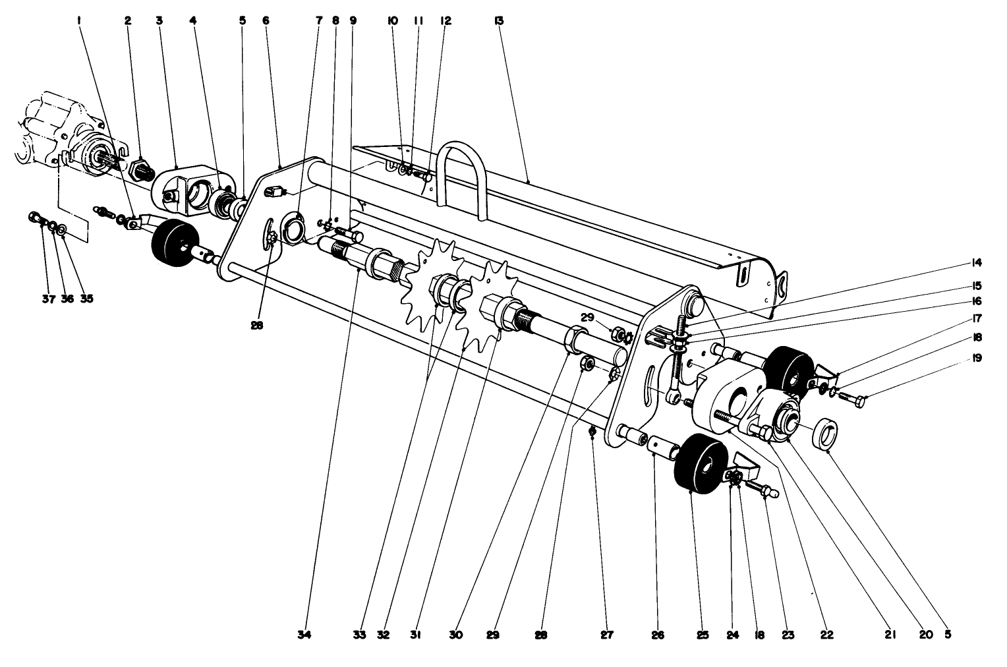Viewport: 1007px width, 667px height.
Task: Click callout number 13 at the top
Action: (x=498, y=21)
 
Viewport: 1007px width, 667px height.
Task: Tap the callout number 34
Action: (x=304, y=635)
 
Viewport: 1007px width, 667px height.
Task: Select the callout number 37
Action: (x=47, y=299)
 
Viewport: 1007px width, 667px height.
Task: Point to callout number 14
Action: (x=976, y=263)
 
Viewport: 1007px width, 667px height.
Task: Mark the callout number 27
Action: (x=606, y=635)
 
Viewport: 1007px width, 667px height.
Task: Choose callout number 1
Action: (x=79, y=21)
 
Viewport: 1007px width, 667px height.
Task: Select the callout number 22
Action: (x=826, y=635)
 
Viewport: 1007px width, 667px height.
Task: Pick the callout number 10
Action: (x=393, y=21)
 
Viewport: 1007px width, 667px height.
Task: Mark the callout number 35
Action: (x=86, y=299)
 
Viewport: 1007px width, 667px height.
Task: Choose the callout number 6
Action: (x=265, y=21)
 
